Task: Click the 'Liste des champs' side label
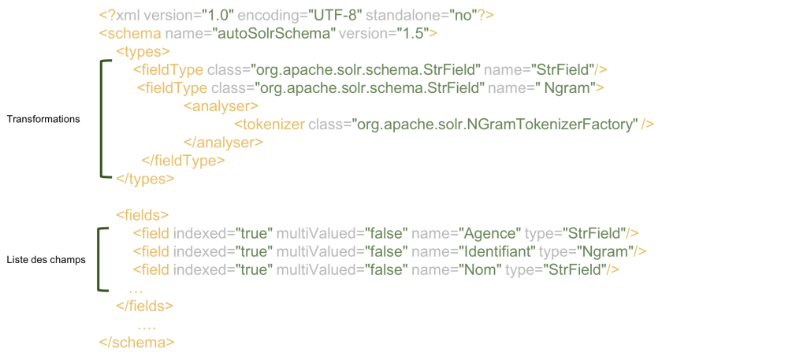(x=46, y=259)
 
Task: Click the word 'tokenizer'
(x=273, y=124)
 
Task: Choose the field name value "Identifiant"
(x=497, y=251)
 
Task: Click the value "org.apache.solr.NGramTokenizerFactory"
(x=494, y=124)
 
